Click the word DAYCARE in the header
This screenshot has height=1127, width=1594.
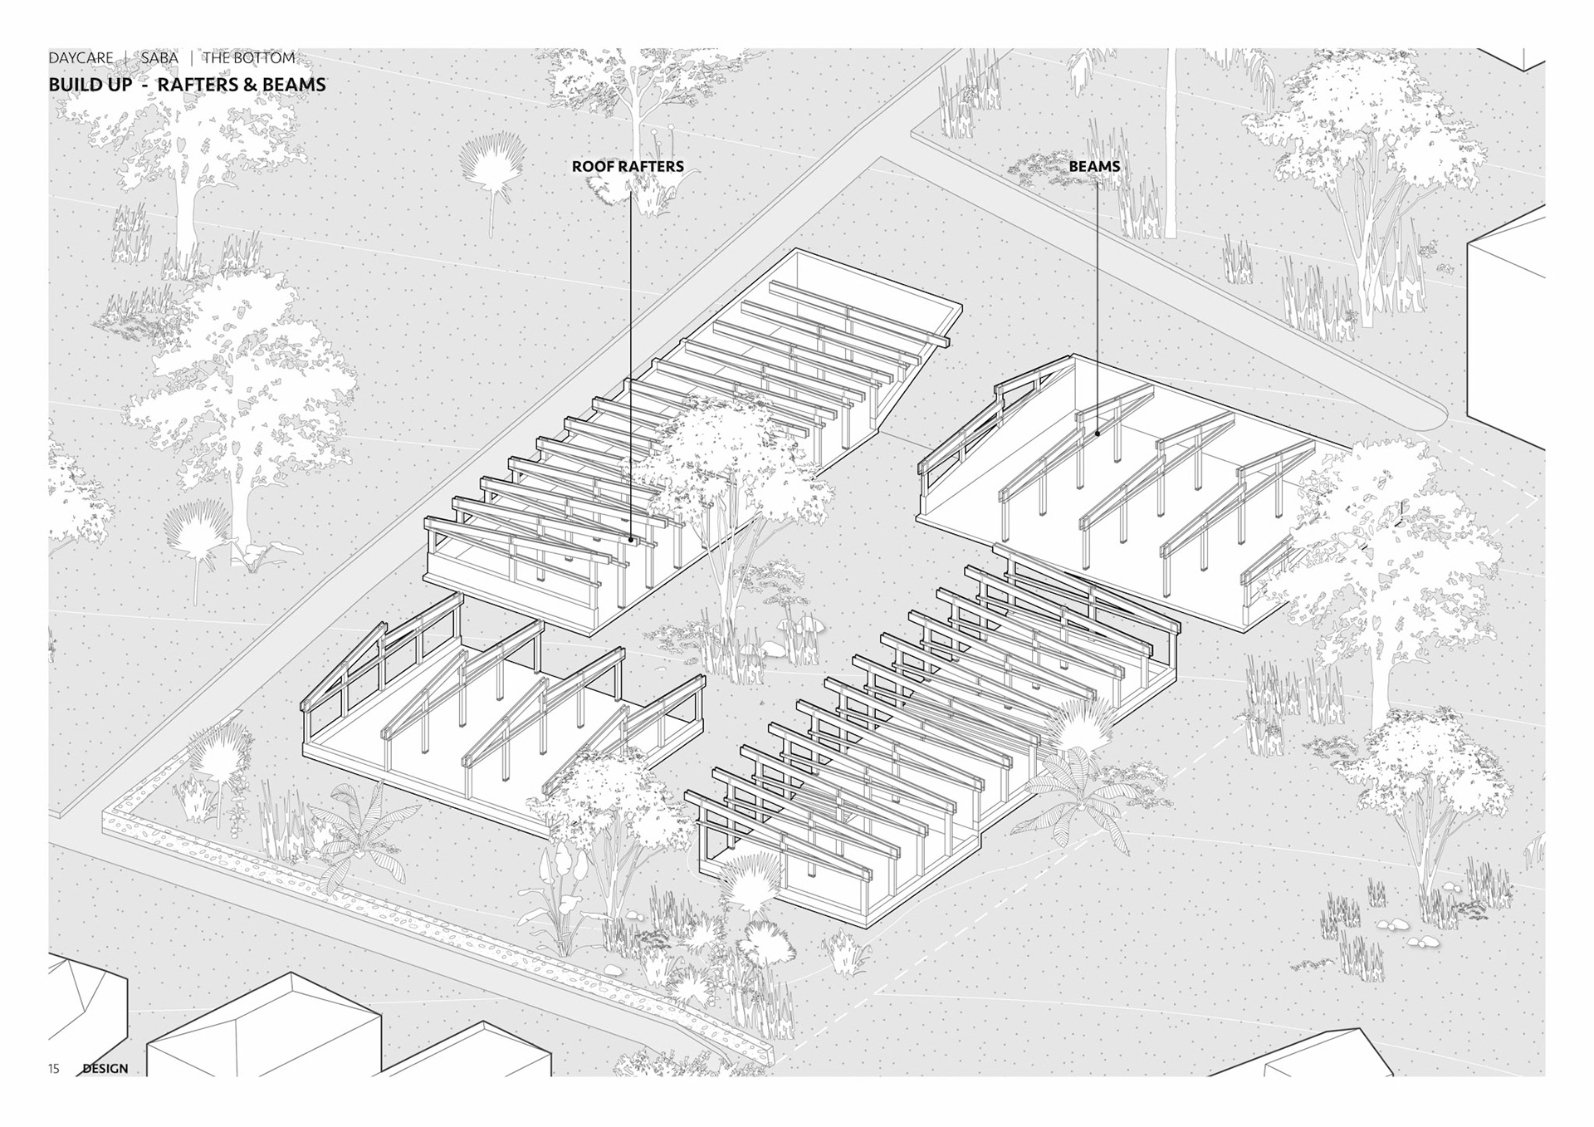81,58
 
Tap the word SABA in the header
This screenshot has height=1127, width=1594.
159,58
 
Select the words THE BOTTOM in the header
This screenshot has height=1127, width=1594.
248,58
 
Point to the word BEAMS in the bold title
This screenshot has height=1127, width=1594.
294,85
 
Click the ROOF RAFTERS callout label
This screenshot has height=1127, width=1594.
628,166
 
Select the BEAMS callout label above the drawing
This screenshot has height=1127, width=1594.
1094,166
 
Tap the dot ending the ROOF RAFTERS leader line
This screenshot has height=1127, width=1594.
631,540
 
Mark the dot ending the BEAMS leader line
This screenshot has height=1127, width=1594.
1098,433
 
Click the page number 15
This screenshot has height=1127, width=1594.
54,1068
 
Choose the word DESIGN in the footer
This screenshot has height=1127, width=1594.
105,1068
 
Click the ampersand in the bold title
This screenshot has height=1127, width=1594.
252,85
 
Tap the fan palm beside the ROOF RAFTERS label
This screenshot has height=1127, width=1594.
493,166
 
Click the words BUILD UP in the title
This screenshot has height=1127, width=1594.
90,85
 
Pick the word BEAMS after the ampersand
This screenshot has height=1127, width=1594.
294,85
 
